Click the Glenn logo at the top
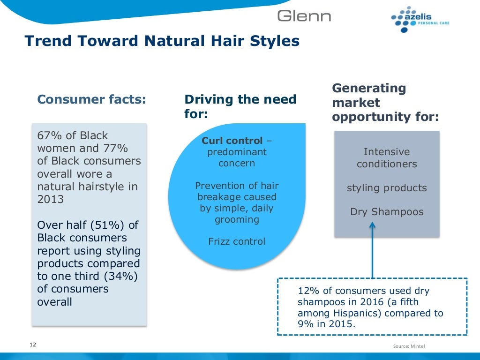(304, 16)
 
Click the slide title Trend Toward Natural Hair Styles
(162, 41)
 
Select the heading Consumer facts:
(91, 99)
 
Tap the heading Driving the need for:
(240, 106)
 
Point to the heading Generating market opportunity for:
(385, 102)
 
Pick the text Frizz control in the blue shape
(237, 242)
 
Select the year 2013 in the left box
(50, 199)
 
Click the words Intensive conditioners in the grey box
(387, 158)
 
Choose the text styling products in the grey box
(387, 188)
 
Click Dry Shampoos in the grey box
(387, 212)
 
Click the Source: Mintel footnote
(409, 346)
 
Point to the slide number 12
(33, 345)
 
